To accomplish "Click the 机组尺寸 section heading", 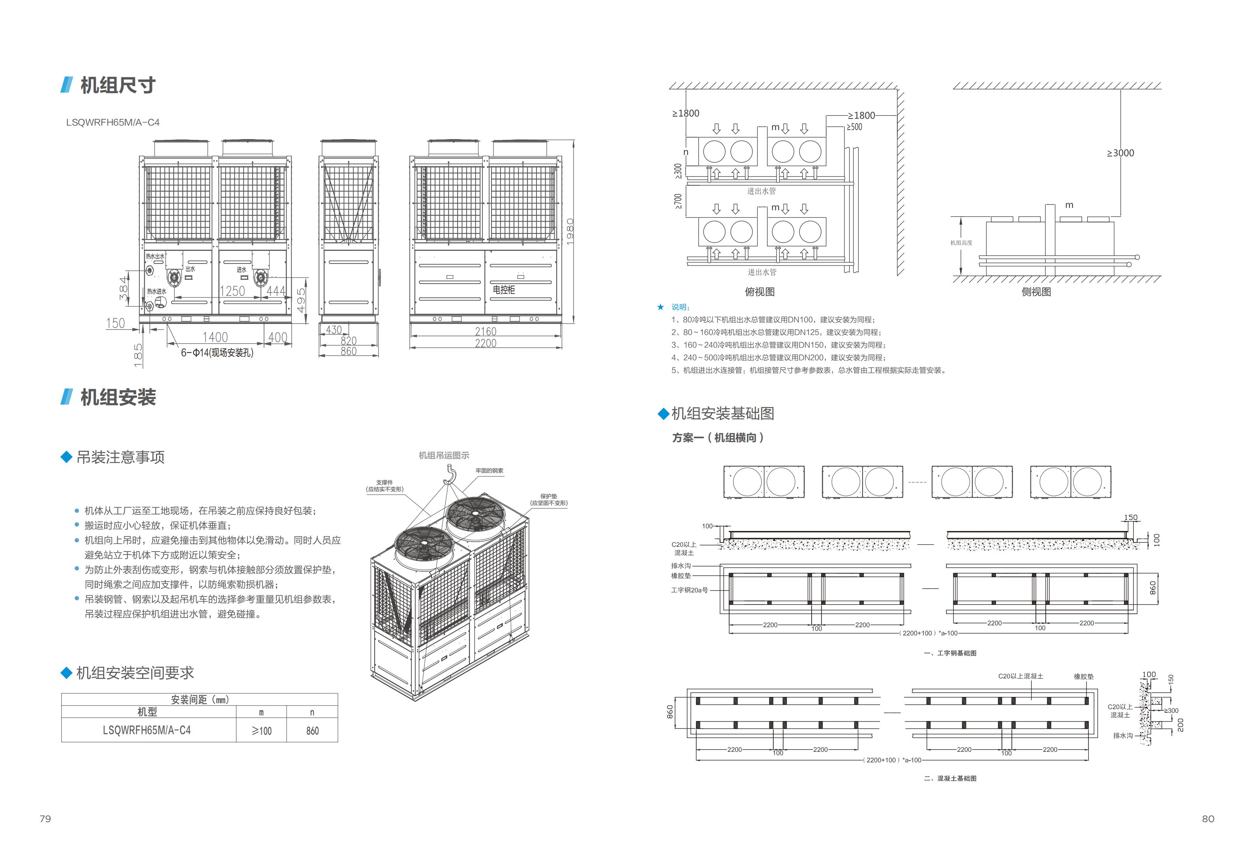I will (x=118, y=85).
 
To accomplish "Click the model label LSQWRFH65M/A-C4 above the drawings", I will (x=113, y=122).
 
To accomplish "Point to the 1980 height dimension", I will (x=570, y=232).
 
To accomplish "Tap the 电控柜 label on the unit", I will (x=504, y=290).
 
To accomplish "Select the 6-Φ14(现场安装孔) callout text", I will (x=217, y=353).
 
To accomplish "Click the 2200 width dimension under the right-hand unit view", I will (x=485, y=343).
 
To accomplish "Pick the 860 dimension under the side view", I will (x=348, y=351).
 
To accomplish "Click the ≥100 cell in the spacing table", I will (x=261, y=731).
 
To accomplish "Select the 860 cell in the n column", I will (x=312, y=731).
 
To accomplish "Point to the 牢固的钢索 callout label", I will (x=489, y=471).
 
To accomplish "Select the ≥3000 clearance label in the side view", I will (x=1120, y=153).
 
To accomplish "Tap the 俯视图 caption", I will (x=760, y=292).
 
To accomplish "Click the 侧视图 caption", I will (x=1036, y=292).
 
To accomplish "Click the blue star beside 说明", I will (x=660, y=307).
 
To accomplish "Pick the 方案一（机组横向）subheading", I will (x=718, y=438).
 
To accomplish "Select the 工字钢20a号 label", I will (x=689, y=590).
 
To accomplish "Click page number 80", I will (x=1208, y=819).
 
